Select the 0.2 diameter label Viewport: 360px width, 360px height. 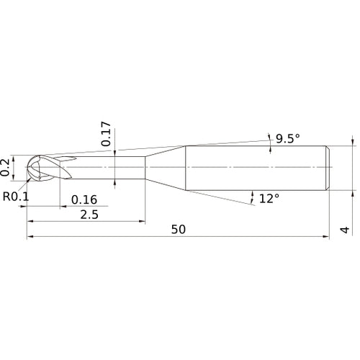(6, 167)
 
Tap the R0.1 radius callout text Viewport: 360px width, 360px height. (16, 196)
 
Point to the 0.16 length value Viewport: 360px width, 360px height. (84, 200)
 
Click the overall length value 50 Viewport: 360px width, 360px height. (179, 230)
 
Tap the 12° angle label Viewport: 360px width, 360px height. (269, 198)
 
